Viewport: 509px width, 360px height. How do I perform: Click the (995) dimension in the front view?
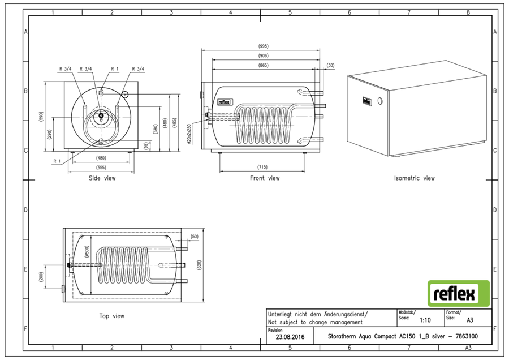click(x=263, y=46)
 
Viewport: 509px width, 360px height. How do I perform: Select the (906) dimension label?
click(x=263, y=55)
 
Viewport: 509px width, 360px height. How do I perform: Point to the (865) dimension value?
click(x=263, y=65)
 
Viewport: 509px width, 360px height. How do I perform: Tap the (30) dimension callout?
click(x=330, y=65)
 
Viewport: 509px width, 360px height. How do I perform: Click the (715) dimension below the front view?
click(x=262, y=167)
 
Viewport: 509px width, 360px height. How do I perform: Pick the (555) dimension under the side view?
click(x=101, y=168)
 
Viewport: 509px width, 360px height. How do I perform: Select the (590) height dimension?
click(x=41, y=117)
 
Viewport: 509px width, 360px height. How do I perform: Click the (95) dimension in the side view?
click(x=146, y=145)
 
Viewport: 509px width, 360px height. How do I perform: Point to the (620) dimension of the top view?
click(x=199, y=265)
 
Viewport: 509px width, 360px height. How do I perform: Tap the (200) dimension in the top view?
click(x=41, y=277)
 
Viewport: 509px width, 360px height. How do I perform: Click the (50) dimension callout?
click(x=194, y=237)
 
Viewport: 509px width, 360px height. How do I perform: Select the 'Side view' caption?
click(x=102, y=178)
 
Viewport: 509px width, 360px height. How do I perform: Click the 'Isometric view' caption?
click(x=414, y=178)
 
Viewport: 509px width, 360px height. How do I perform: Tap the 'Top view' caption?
click(x=111, y=316)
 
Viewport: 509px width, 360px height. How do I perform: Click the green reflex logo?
click(x=458, y=293)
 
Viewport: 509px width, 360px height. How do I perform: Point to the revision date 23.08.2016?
click(x=290, y=337)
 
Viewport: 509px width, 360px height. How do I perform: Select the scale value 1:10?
click(x=425, y=320)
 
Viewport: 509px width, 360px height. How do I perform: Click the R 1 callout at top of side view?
click(x=115, y=69)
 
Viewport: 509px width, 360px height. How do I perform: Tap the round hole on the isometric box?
click(x=380, y=101)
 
